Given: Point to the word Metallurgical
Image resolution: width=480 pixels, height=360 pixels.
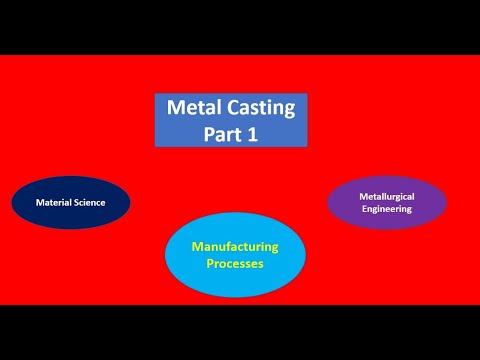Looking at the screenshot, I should tap(387, 197).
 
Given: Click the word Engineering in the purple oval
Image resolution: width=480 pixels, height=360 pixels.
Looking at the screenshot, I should tap(387, 209).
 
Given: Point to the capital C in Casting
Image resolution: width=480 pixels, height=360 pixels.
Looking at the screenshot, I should tap(235, 108).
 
